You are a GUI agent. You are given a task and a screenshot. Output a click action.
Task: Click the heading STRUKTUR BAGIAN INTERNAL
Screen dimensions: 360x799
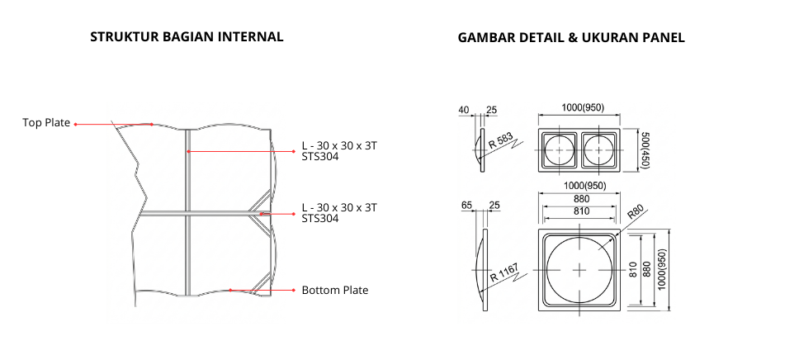tap(187, 37)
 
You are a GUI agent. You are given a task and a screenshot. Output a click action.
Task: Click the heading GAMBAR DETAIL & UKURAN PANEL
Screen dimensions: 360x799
tap(571, 38)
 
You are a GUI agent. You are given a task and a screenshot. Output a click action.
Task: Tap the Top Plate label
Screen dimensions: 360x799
tap(46, 123)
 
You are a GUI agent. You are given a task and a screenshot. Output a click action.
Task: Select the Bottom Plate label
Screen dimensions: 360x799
tap(334, 291)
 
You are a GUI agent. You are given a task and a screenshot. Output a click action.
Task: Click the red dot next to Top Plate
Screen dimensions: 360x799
tap(76, 124)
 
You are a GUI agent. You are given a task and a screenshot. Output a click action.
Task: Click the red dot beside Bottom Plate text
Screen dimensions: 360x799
tap(293, 291)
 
